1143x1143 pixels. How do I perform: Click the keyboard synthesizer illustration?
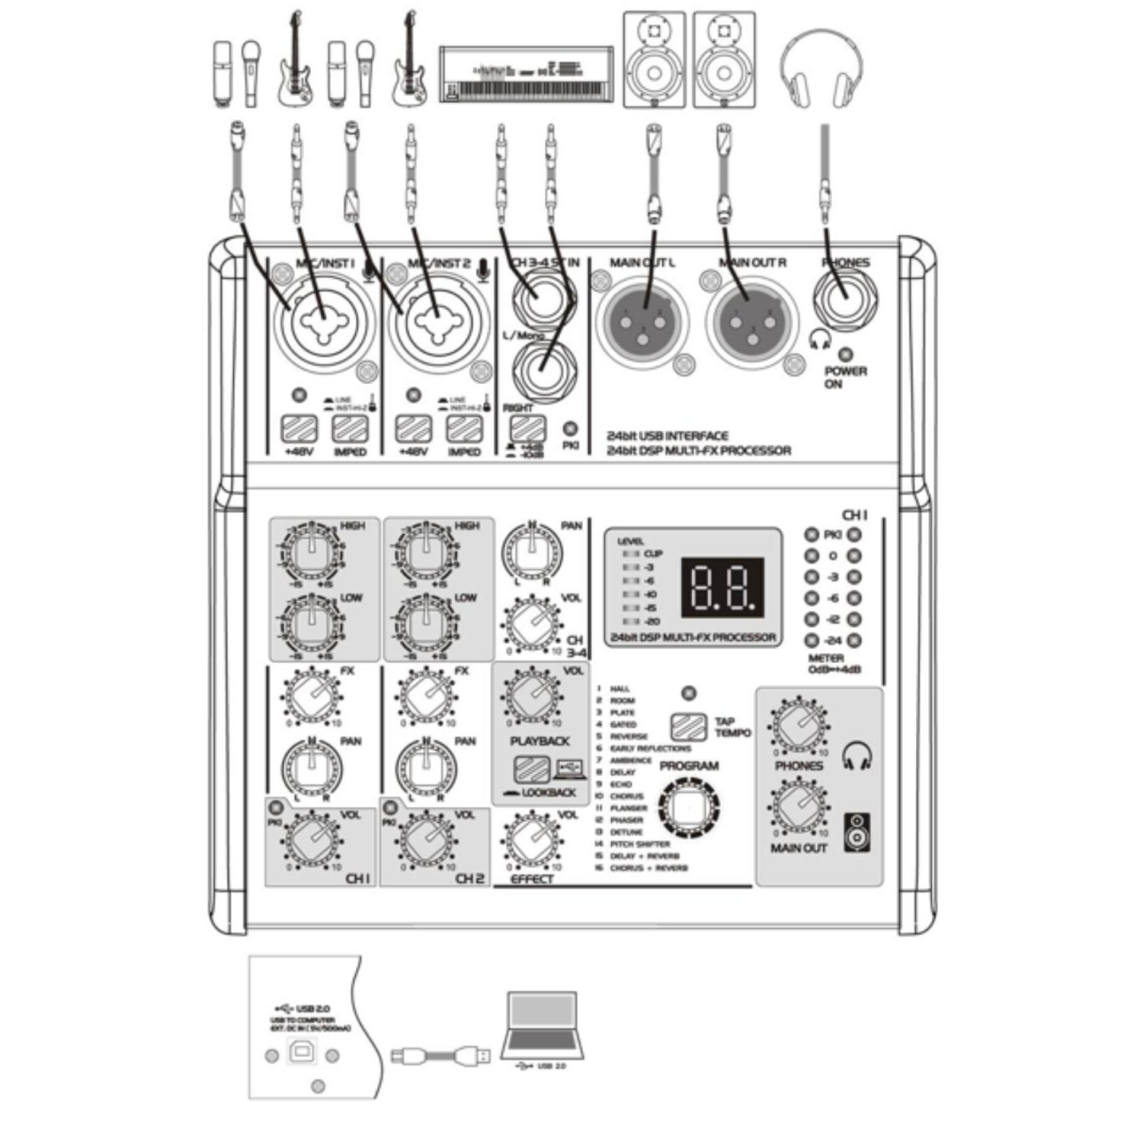point(527,74)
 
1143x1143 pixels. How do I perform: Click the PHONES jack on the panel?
point(844,298)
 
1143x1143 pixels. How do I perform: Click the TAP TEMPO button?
point(689,727)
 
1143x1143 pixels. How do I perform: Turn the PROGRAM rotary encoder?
point(688,808)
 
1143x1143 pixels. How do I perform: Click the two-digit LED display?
point(721,588)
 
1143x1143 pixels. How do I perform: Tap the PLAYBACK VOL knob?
point(532,696)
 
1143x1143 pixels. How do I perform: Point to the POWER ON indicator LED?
point(844,355)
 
